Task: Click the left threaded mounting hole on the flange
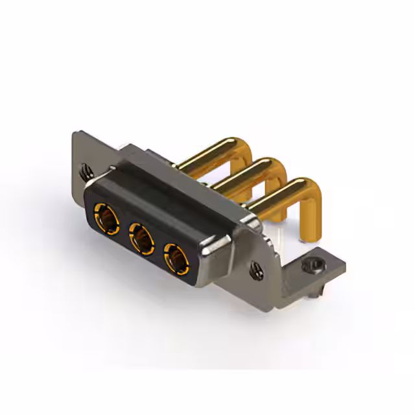click(86, 172)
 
